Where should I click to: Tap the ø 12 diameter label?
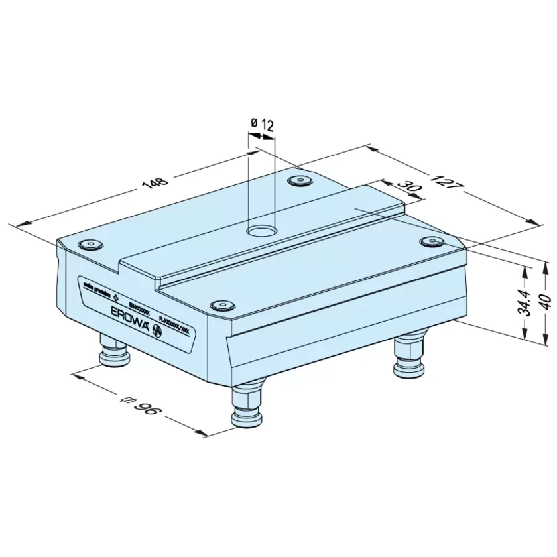pos(263,124)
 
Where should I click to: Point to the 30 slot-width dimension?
pos(411,189)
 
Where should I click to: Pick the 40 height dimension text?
pos(544,302)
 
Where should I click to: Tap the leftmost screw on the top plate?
pos(90,245)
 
